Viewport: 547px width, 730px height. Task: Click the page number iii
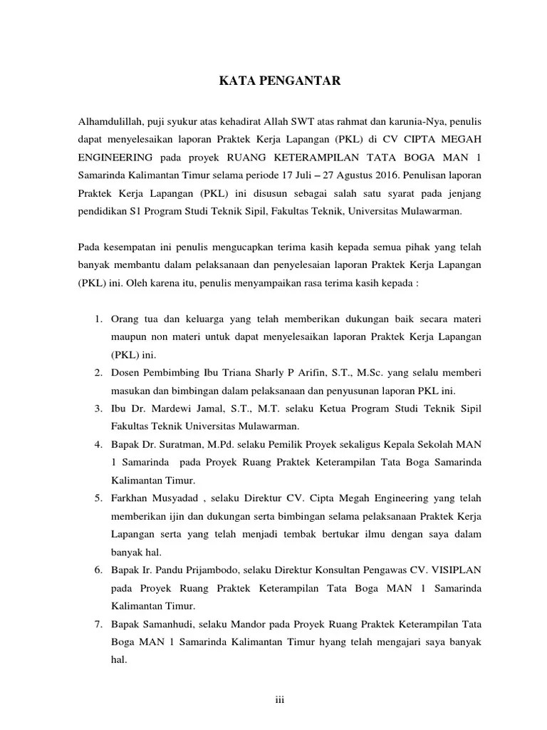279,699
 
